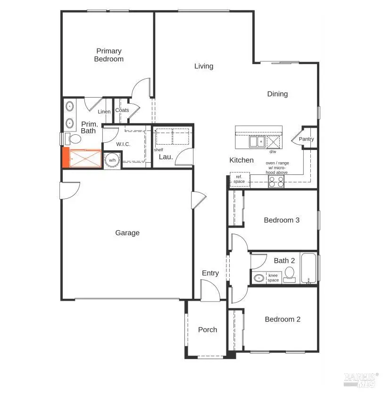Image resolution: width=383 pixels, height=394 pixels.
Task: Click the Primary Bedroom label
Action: click(109, 55)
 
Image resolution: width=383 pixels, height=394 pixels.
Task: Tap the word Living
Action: click(204, 66)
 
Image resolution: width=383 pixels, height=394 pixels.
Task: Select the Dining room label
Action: click(277, 94)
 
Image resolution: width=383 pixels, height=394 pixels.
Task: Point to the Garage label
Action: click(127, 233)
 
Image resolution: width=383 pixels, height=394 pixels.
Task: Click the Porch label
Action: click(208, 330)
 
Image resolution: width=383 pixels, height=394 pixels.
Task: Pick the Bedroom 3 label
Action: click(282, 220)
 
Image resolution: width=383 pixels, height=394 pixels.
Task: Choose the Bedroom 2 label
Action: click(283, 320)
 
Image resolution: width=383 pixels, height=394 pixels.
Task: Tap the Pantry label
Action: click(306, 140)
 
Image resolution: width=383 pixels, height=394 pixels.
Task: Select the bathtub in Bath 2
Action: click(309, 269)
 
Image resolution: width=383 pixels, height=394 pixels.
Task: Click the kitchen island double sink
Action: click(257, 141)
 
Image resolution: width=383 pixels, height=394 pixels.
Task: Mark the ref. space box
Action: click(239, 180)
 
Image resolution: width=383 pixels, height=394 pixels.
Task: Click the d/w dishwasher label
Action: click(273, 152)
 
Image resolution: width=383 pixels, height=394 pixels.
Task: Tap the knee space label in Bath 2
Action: click(274, 278)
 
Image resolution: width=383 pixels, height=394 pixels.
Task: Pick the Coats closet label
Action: click(122, 110)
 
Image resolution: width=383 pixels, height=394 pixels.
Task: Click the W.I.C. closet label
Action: click(123, 144)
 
